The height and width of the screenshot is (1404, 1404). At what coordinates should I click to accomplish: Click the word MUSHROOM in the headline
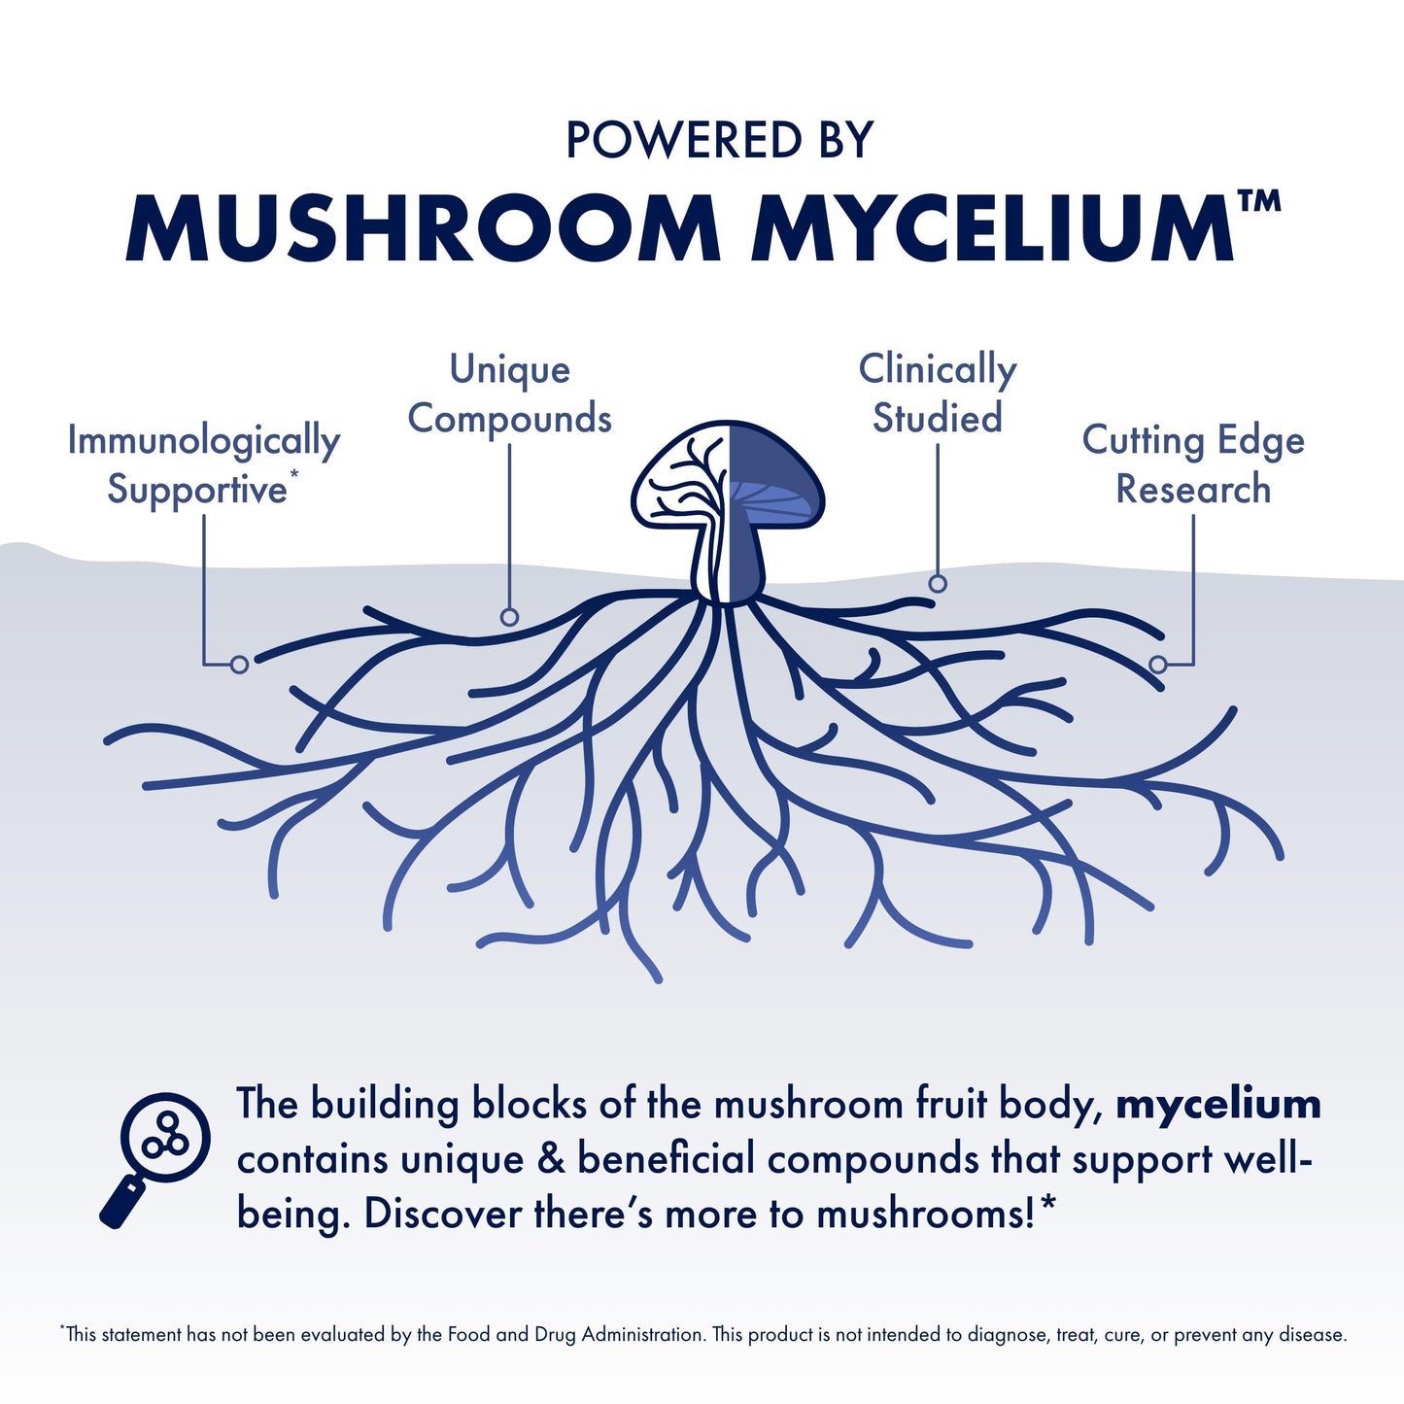[x=423, y=229]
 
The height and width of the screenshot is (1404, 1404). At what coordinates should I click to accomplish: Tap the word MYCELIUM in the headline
[x=991, y=229]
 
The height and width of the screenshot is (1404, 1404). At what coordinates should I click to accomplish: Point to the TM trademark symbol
[x=1259, y=201]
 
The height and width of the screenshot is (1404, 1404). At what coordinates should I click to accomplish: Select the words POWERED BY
[x=720, y=141]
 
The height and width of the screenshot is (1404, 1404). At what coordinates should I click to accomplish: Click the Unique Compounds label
[x=509, y=394]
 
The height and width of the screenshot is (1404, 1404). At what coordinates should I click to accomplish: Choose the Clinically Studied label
[x=938, y=394]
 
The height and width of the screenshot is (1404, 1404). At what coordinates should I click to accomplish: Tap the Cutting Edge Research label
[x=1193, y=464]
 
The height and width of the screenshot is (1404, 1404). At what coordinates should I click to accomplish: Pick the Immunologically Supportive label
[x=203, y=464]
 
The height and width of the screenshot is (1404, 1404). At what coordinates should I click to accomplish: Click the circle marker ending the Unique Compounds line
[x=509, y=616]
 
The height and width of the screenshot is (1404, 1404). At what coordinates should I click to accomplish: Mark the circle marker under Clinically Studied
[x=938, y=583]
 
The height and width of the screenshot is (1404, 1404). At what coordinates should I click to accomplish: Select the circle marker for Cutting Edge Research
[x=1158, y=665]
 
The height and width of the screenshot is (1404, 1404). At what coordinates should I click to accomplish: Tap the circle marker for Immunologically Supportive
[x=239, y=664]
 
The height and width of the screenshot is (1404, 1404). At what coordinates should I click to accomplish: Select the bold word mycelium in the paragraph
[x=1218, y=1105]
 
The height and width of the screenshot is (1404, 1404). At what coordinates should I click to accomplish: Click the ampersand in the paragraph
[x=550, y=1159]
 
